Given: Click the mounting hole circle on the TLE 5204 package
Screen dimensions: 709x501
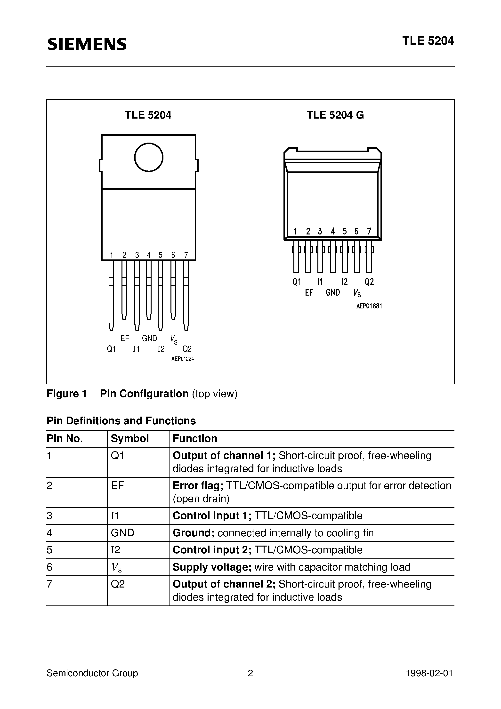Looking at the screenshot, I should [149, 157].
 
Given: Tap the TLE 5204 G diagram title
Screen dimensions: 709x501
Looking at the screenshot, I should [335, 115].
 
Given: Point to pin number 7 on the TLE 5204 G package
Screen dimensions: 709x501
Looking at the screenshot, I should [369, 231].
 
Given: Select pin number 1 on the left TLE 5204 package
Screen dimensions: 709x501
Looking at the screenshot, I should [112, 255].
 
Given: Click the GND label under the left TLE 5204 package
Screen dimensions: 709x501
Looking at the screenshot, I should [149, 338].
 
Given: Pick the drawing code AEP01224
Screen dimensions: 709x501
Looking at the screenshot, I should [182, 359].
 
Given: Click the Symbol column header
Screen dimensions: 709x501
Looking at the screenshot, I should [130, 438].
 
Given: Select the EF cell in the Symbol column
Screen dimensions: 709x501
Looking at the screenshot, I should [117, 486].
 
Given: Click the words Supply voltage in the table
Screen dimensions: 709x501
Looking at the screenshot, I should [212, 567].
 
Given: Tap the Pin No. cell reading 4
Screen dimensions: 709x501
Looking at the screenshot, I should [49, 533].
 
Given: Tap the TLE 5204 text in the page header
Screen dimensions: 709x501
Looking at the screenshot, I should [428, 41].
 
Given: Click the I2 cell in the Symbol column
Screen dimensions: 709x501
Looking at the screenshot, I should [115, 550].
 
